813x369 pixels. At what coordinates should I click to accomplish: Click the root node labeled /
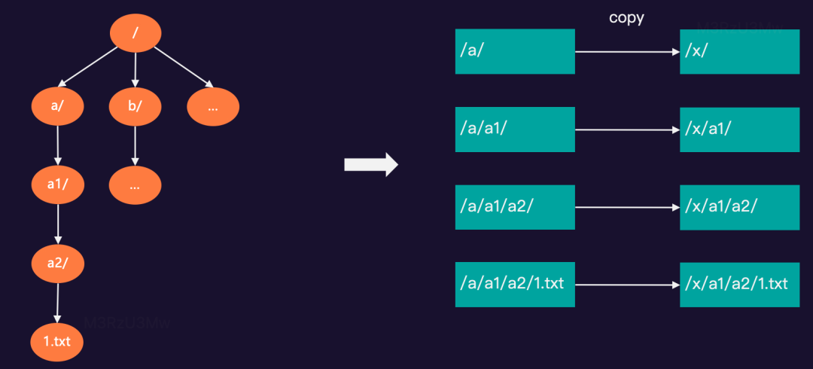pyautogui.click(x=136, y=32)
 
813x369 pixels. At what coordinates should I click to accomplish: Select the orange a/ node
pyautogui.click(x=58, y=107)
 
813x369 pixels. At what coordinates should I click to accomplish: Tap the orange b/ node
pyautogui.click(x=135, y=107)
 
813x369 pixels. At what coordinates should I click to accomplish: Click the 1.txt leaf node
pyautogui.click(x=56, y=342)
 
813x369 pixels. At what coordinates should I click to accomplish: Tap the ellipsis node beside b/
pyautogui.click(x=213, y=107)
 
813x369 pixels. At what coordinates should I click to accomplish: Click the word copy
pyautogui.click(x=626, y=18)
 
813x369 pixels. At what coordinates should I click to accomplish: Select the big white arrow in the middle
pyautogui.click(x=370, y=164)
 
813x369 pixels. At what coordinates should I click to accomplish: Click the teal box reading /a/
pyautogui.click(x=515, y=51)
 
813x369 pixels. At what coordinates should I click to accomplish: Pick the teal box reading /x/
pyautogui.click(x=739, y=51)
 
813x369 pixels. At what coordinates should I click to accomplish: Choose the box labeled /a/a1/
pyautogui.click(x=515, y=130)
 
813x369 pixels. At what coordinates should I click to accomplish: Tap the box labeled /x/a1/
pyautogui.click(x=739, y=130)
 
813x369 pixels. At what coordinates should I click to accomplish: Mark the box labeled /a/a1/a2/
pyautogui.click(x=515, y=207)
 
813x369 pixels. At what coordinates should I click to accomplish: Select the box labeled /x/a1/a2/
pyautogui.click(x=739, y=207)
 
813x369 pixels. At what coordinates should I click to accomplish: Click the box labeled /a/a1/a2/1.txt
pyautogui.click(x=515, y=285)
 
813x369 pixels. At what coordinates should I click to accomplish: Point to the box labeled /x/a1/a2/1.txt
pyautogui.click(x=739, y=285)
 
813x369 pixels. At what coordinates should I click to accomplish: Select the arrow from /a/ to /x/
pyautogui.click(x=627, y=52)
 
